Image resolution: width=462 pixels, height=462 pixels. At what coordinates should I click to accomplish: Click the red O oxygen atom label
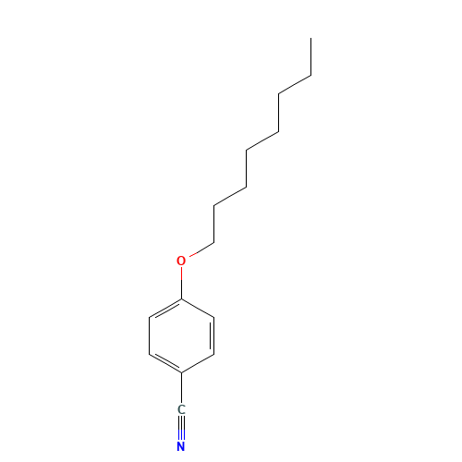181,261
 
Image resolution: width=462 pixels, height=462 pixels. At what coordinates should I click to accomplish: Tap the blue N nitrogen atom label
181,446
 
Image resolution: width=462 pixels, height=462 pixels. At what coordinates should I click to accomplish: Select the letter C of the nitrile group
181,409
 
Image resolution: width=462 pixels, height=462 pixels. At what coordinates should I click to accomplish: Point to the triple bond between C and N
181,428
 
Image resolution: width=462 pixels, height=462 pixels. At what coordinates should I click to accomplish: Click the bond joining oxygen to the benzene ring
181,283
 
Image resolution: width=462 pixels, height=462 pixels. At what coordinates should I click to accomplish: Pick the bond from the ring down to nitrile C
181,388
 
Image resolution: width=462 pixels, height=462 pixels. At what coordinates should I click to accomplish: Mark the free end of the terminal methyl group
310,38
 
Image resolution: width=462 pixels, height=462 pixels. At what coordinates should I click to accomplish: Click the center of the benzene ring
181,336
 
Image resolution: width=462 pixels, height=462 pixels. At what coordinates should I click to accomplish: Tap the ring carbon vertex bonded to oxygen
181,299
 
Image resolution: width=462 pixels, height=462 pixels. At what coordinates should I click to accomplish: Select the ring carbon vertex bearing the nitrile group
181,373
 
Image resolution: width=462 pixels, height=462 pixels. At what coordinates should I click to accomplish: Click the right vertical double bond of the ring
213,336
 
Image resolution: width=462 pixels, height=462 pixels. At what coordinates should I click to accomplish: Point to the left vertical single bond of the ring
150,336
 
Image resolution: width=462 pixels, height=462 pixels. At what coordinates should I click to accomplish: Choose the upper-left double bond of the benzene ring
165,309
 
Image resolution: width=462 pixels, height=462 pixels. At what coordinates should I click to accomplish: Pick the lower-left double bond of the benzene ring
165,364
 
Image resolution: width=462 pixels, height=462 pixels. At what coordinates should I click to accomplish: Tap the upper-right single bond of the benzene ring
198,309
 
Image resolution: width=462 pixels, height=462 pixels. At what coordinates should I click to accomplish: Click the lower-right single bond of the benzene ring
198,364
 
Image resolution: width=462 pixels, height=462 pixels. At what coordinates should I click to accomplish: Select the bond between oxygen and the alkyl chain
201,249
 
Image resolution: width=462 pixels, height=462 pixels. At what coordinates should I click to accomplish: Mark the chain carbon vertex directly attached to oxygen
213,243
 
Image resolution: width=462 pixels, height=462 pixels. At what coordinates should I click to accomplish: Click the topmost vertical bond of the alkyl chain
310,56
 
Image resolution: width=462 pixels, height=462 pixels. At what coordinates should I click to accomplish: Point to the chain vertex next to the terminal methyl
310,75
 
